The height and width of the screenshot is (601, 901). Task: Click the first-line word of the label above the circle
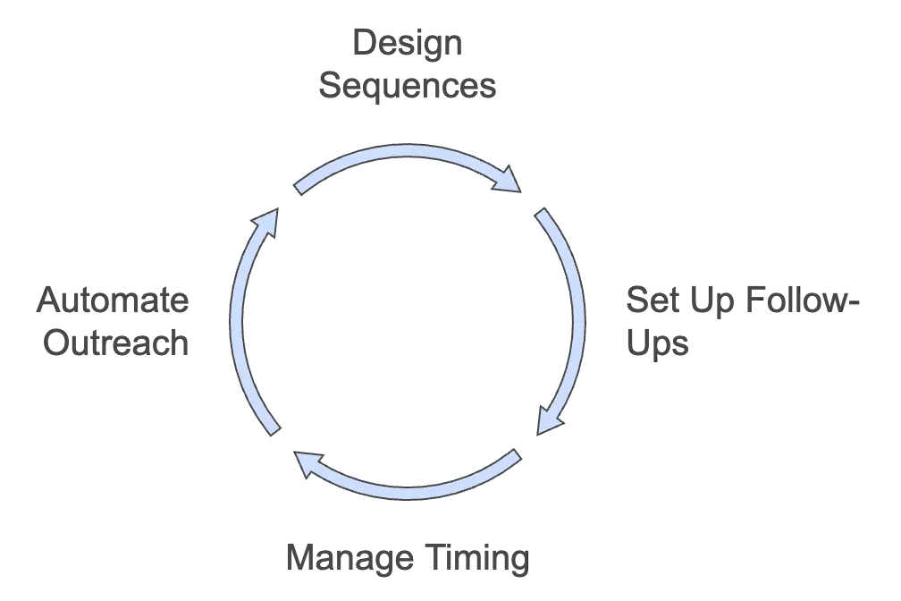coord(407,40)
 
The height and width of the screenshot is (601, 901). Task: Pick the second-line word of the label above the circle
coord(407,87)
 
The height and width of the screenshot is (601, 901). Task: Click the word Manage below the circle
coord(349,555)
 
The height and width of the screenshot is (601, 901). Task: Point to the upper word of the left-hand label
coord(114,300)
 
